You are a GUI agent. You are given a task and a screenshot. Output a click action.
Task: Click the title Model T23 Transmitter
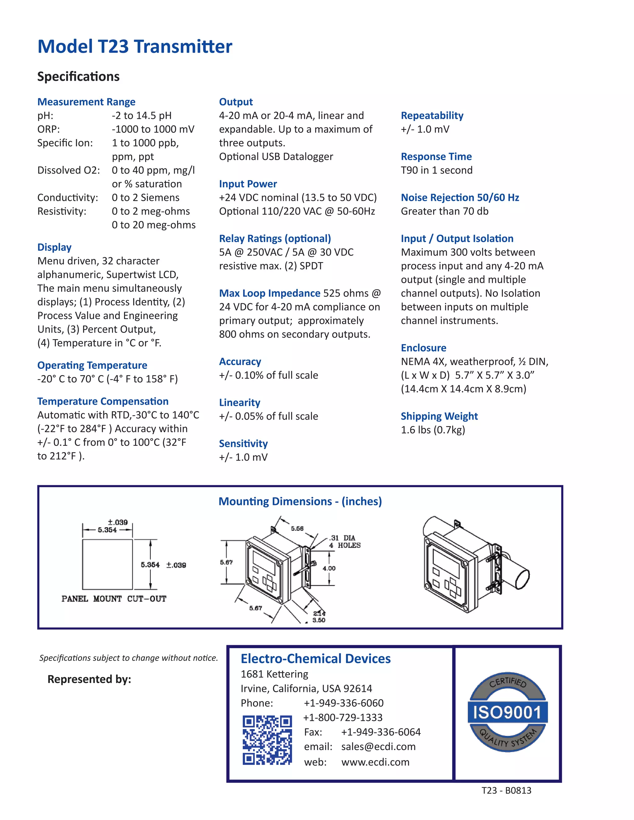[135, 46]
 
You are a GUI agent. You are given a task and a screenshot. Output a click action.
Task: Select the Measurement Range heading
[86, 102]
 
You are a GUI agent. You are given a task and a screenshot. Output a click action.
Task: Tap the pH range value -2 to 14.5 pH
[141, 116]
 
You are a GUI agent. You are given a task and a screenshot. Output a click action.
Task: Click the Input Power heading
[248, 184]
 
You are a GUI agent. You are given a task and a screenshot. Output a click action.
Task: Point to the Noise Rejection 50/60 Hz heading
[460, 197]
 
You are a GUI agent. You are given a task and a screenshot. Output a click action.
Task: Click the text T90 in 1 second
[436, 170]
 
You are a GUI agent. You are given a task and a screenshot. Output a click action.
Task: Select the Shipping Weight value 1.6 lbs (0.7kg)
[433, 430]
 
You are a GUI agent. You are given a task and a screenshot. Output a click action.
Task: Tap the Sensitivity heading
[243, 443]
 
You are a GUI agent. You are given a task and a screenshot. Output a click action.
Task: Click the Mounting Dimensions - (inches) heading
[300, 501]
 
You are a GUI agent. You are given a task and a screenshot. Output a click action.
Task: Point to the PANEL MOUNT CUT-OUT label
[114, 598]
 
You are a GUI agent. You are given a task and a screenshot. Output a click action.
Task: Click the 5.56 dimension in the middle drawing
[297, 528]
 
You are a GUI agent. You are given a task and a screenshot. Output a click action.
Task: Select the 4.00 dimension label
[329, 568]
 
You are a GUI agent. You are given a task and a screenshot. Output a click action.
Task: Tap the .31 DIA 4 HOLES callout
[345, 542]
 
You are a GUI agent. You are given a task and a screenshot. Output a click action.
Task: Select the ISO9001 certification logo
[507, 712]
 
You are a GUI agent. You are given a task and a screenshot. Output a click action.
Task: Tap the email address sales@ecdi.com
[378, 746]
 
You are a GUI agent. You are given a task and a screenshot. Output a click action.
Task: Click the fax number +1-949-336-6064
[380, 732]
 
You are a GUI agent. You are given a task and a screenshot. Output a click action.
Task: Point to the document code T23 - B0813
[506, 790]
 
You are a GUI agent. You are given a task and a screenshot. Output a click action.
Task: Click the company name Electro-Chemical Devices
[315, 658]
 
